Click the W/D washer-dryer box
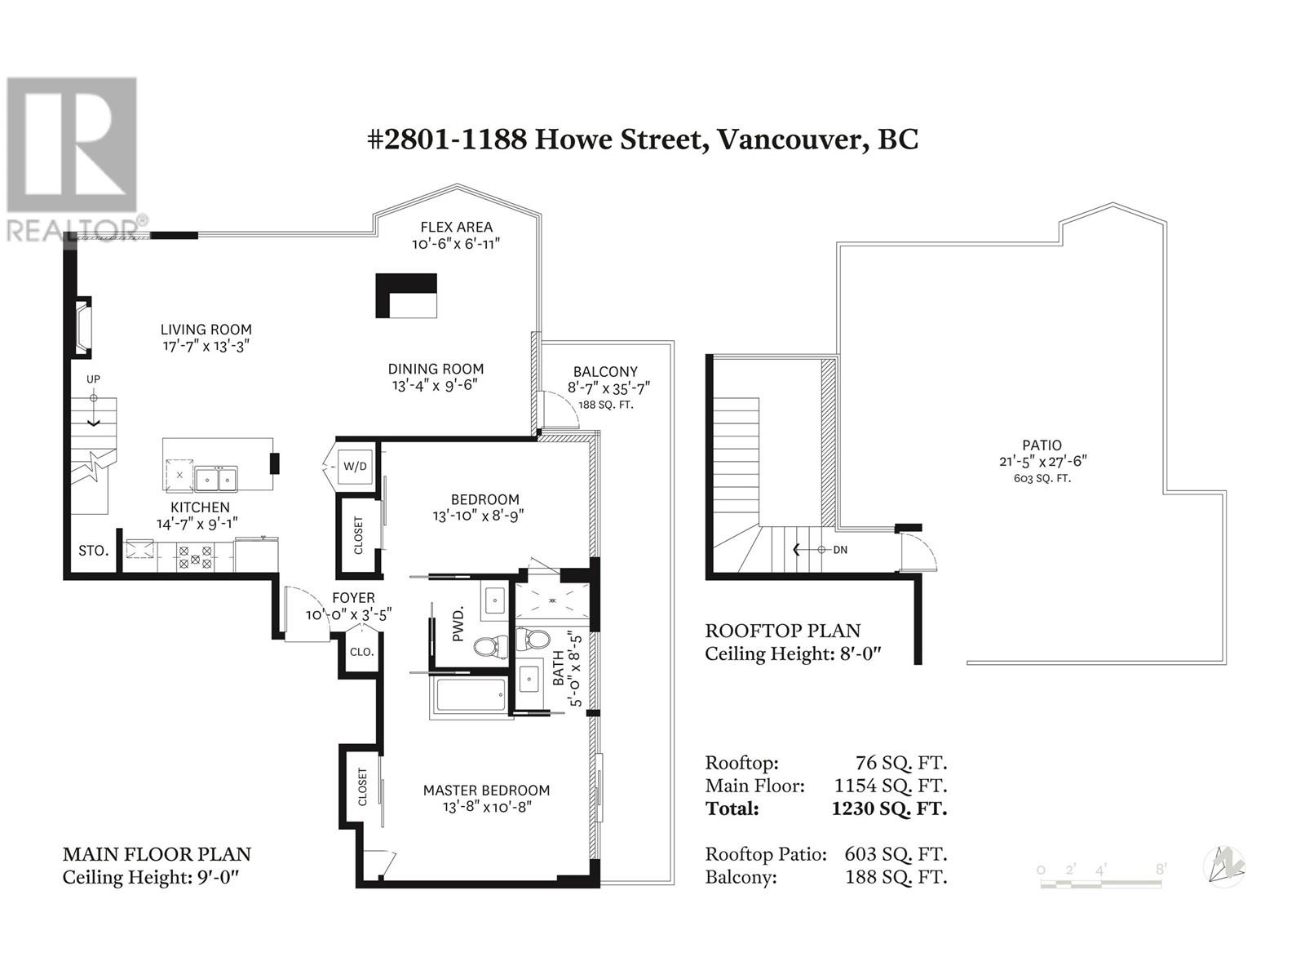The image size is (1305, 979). point(355,466)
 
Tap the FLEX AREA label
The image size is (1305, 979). point(456,227)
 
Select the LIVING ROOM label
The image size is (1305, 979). point(206,330)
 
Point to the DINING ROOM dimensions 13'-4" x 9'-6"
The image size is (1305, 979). point(435,385)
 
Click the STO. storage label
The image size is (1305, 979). point(93,551)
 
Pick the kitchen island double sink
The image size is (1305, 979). point(216,478)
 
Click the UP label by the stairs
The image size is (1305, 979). point(93,379)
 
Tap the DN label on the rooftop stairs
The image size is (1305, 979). point(839,550)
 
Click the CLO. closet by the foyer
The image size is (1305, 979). point(361,652)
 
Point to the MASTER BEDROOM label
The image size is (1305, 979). point(486,791)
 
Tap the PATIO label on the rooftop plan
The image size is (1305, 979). point(1042,445)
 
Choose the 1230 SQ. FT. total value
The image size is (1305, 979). point(889,808)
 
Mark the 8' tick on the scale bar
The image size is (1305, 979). point(1161,870)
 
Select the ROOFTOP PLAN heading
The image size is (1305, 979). point(782,631)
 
